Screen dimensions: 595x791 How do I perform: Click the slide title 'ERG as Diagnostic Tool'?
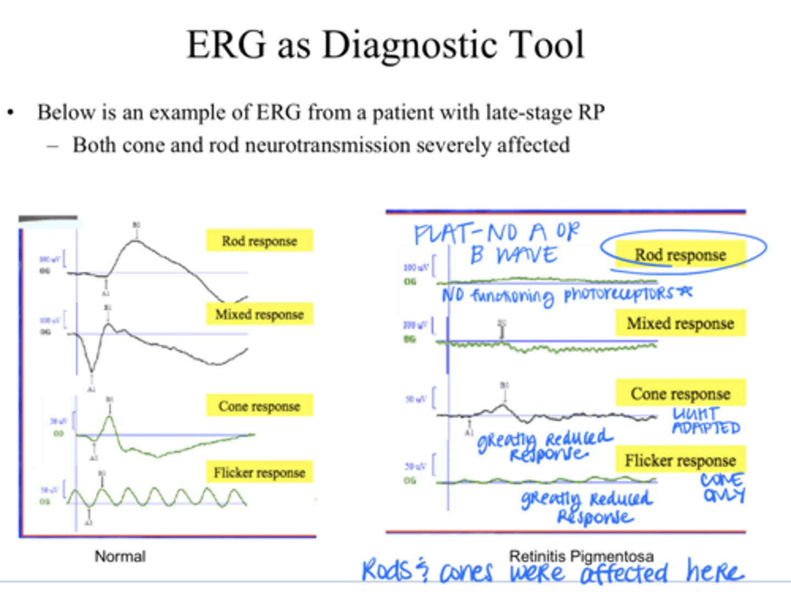coord(386,45)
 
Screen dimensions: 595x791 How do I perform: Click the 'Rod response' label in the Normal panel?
coord(259,241)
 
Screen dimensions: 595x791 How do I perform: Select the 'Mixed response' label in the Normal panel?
coord(259,315)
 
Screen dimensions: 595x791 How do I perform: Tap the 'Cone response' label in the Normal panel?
coord(259,406)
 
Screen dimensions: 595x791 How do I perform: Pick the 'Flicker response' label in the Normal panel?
coord(259,473)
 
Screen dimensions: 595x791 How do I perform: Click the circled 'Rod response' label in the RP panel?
coord(681,255)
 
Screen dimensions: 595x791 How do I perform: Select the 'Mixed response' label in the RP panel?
coord(681,323)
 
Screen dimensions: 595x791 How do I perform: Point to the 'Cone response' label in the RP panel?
coord(681,394)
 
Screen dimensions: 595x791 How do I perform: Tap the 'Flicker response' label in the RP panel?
coord(681,460)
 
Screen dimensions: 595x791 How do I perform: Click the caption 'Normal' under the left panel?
coord(120,557)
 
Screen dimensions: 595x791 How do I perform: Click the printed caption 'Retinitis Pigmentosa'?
coord(581,556)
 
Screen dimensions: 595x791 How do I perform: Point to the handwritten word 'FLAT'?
coord(442,234)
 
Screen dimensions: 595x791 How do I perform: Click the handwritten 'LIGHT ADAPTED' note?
coord(706,421)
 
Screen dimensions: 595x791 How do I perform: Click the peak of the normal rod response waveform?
coord(136,241)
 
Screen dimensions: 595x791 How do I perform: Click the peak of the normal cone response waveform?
coord(110,417)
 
